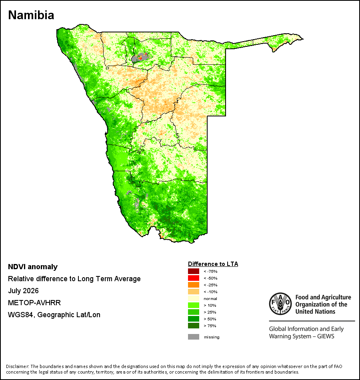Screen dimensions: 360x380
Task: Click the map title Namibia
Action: pyautogui.click(x=31, y=15)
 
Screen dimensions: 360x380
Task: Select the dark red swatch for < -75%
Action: pyautogui.click(x=194, y=271)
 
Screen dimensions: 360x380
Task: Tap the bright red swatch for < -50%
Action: pyautogui.click(x=194, y=278)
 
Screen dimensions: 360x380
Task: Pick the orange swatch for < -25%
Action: pyautogui.click(x=194, y=285)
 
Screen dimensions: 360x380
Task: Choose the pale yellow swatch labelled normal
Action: pyautogui.click(x=194, y=298)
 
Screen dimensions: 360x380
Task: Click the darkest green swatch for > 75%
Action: pyautogui.click(x=194, y=326)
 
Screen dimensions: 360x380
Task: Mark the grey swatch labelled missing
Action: pyautogui.click(x=194, y=337)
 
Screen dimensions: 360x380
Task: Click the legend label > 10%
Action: pyautogui.click(x=210, y=305)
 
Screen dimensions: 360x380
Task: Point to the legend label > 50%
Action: pyautogui.click(x=210, y=319)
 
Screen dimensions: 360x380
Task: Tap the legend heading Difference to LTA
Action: pyautogui.click(x=213, y=264)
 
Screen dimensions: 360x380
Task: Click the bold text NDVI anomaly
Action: pyautogui.click(x=33, y=267)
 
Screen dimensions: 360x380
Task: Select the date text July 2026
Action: pyautogui.click(x=23, y=290)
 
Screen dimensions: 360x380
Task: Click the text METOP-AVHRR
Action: pyautogui.click(x=34, y=303)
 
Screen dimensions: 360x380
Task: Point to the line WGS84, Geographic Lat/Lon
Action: pyautogui.click(x=54, y=315)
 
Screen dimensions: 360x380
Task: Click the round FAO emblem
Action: pyautogui.click(x=280, y=304)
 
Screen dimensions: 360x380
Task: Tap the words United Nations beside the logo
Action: pyautogui.click(x=315, y=312)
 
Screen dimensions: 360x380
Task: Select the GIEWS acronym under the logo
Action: pyautogui.click(x=326, y=336)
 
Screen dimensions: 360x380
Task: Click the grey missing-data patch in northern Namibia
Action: pyautogui.click(x=140, y=58)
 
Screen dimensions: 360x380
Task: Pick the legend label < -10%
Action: pyautogui.click(x=210, y=292)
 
